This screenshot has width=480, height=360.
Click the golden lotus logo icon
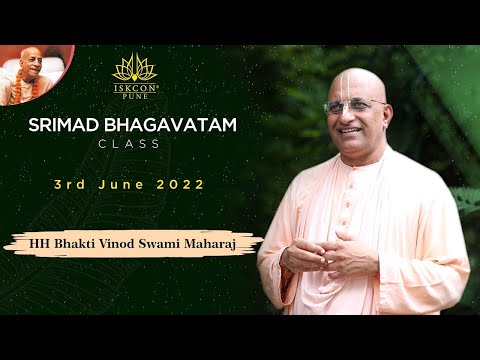click(134, 67)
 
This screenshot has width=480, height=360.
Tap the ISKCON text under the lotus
click(134, 85)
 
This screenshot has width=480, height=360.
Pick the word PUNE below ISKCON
click(134, 94)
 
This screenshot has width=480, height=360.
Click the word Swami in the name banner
click(159, 243)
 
